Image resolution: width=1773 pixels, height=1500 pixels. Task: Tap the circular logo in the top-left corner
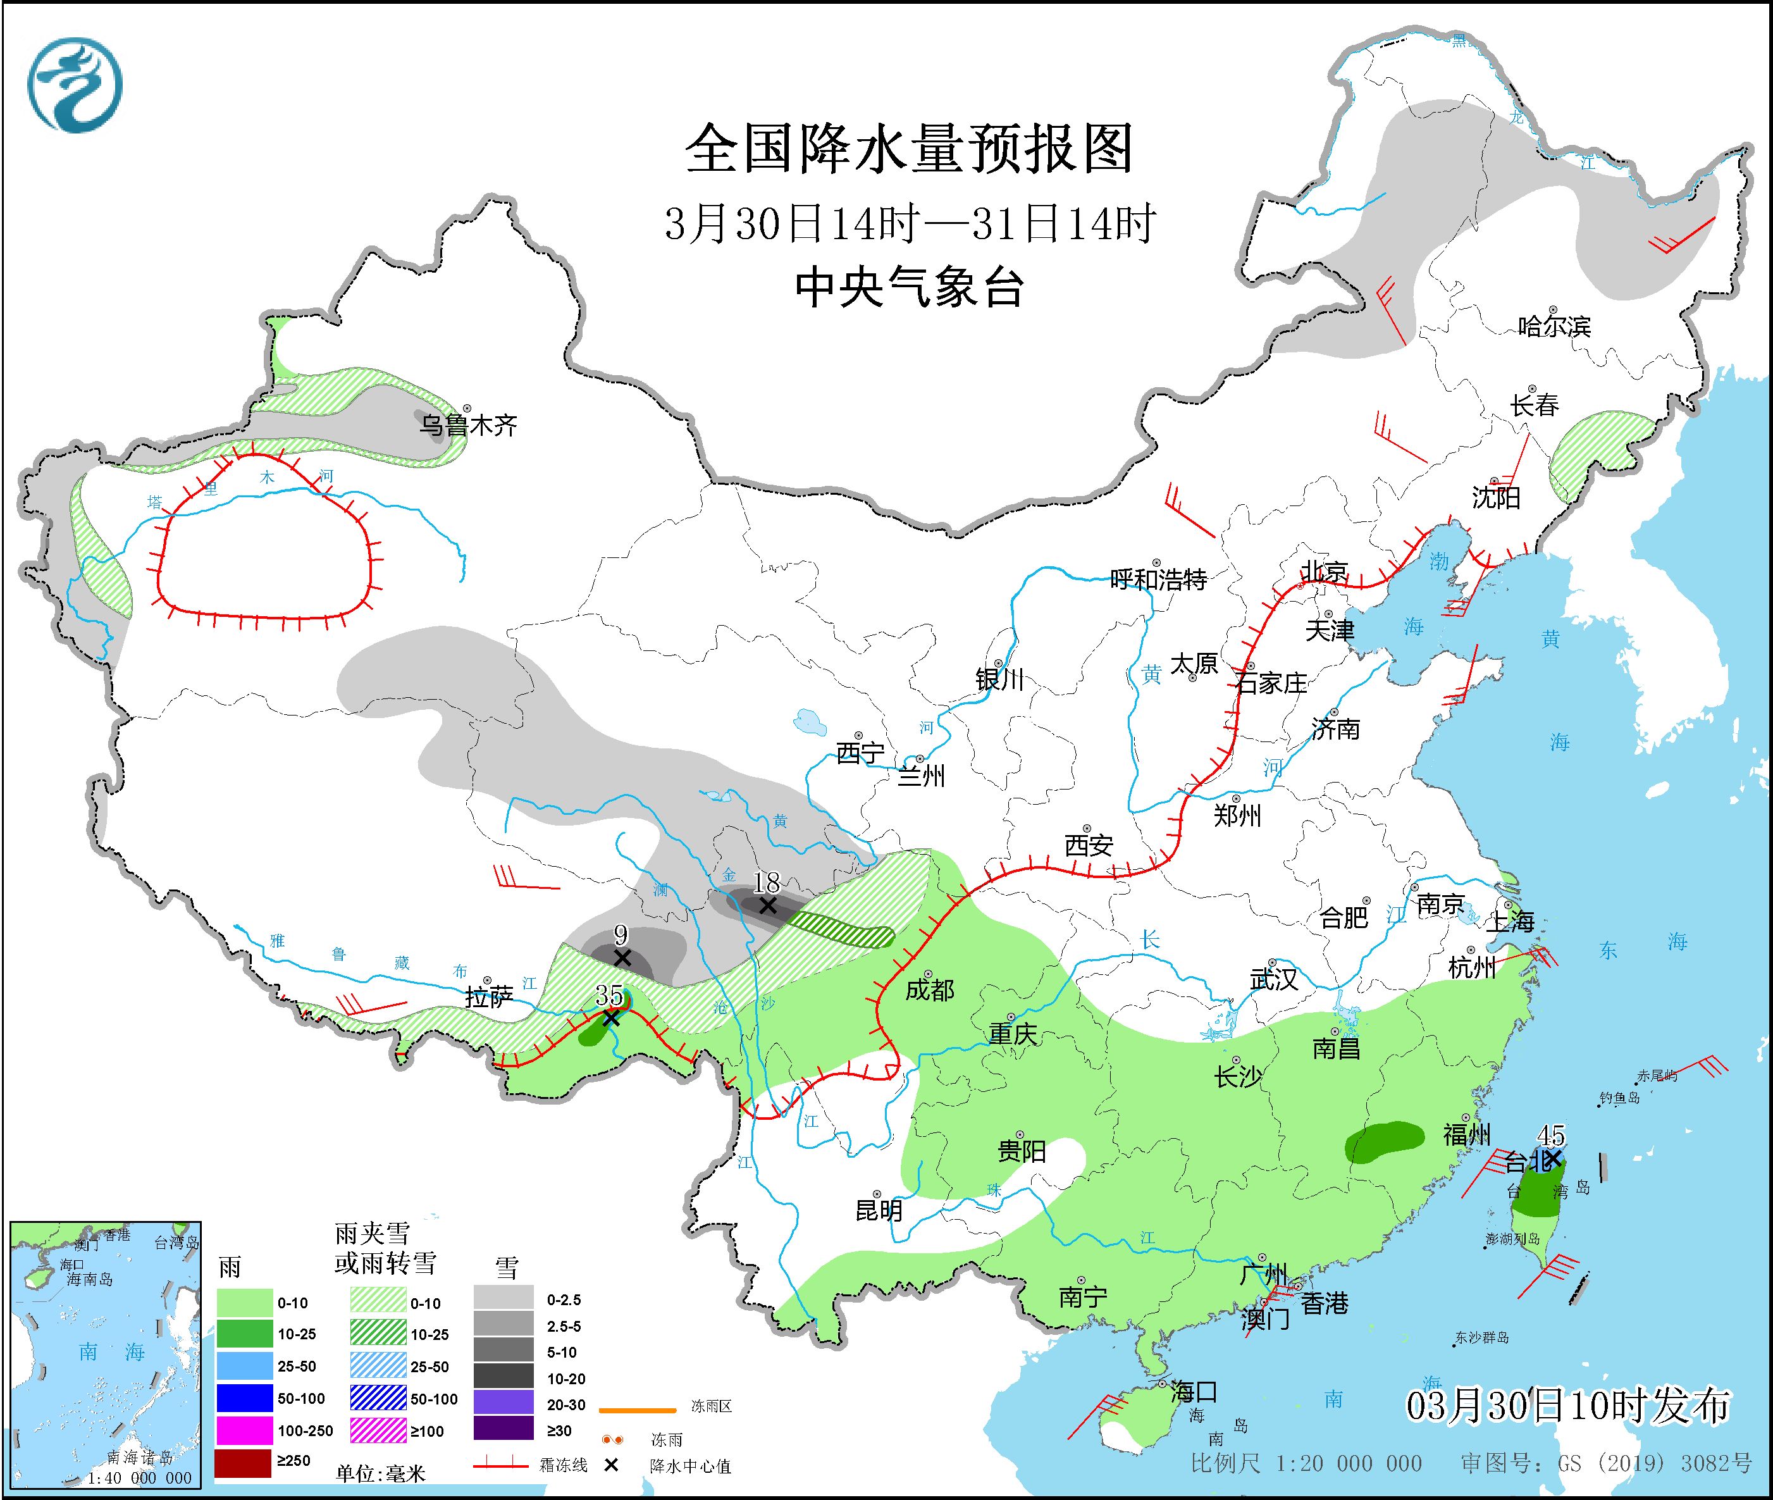[x=75, y=85]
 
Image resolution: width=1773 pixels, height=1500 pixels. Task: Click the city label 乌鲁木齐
[x=467, y=425]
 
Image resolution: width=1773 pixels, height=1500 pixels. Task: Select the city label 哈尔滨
[x=1554, y=326]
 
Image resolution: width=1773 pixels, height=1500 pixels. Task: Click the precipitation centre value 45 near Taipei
[x=1551, y=1135]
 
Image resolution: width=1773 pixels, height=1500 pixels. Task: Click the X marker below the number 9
[x=622, y=958]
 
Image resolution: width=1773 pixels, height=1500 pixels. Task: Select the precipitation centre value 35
[x=609, y=994]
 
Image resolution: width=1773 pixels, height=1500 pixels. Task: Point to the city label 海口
[x=1194, y=1392]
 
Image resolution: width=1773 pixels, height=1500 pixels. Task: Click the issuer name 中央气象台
[x=908, y=287]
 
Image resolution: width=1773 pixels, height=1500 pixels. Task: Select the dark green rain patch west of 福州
[x=1383, y=1141]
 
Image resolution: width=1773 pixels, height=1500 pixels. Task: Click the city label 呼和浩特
[x=1158, y=580]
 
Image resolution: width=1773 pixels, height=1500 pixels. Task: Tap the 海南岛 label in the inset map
[x=89, y=1279]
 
